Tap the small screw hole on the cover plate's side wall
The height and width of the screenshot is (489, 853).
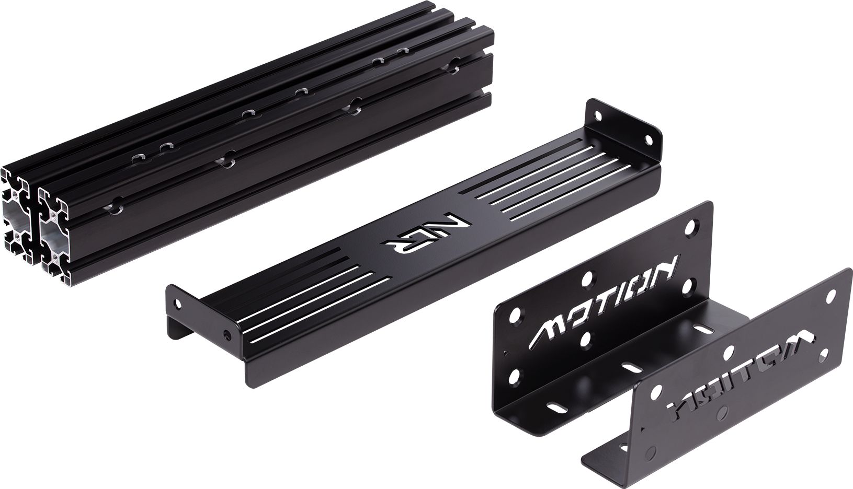pos(226,332)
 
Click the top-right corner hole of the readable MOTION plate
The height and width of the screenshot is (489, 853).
pos(691,227)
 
